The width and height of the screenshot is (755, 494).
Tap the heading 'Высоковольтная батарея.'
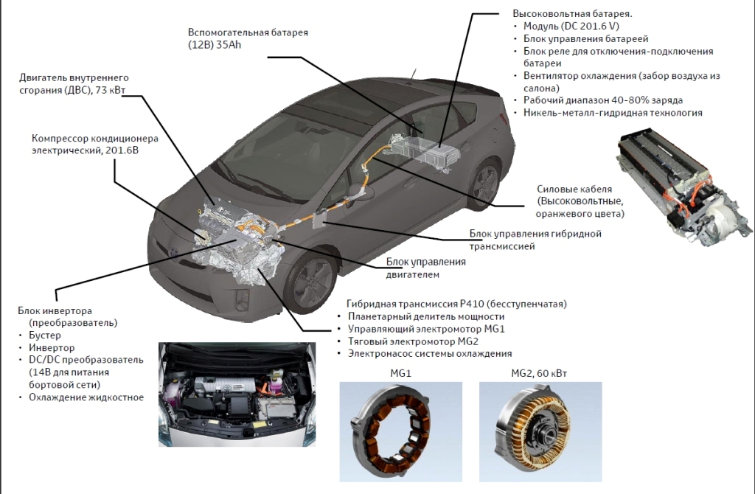[572, 14]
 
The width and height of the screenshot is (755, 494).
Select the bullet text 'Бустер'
[46, 336]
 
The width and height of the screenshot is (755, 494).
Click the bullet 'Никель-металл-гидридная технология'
[613, 113]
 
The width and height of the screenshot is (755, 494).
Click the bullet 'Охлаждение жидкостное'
[86, 397]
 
